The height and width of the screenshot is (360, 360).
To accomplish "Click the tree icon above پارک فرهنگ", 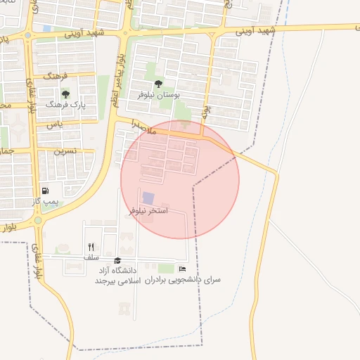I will click(x=65, y=94).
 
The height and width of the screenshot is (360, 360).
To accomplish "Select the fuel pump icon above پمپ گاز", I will click(x=46, y=191).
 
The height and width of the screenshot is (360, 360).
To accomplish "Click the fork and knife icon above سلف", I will click(x=91, y=247).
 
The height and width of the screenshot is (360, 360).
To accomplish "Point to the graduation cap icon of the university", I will click(x=117, y=261).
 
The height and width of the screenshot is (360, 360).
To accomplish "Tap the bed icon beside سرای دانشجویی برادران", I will click(x=183, y=269).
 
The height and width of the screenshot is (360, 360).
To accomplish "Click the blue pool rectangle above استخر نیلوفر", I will click(x=148, y=199).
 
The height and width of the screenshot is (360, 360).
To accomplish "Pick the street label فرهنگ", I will click(x=56, y=75).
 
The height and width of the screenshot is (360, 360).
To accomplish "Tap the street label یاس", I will click(x=54, y=124).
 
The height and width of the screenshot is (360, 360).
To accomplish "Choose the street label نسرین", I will click(x=65, y=150).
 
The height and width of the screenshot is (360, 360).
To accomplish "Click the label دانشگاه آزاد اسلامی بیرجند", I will click(x=120, y=276).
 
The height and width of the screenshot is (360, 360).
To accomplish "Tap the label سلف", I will click(x=91, y=257).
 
